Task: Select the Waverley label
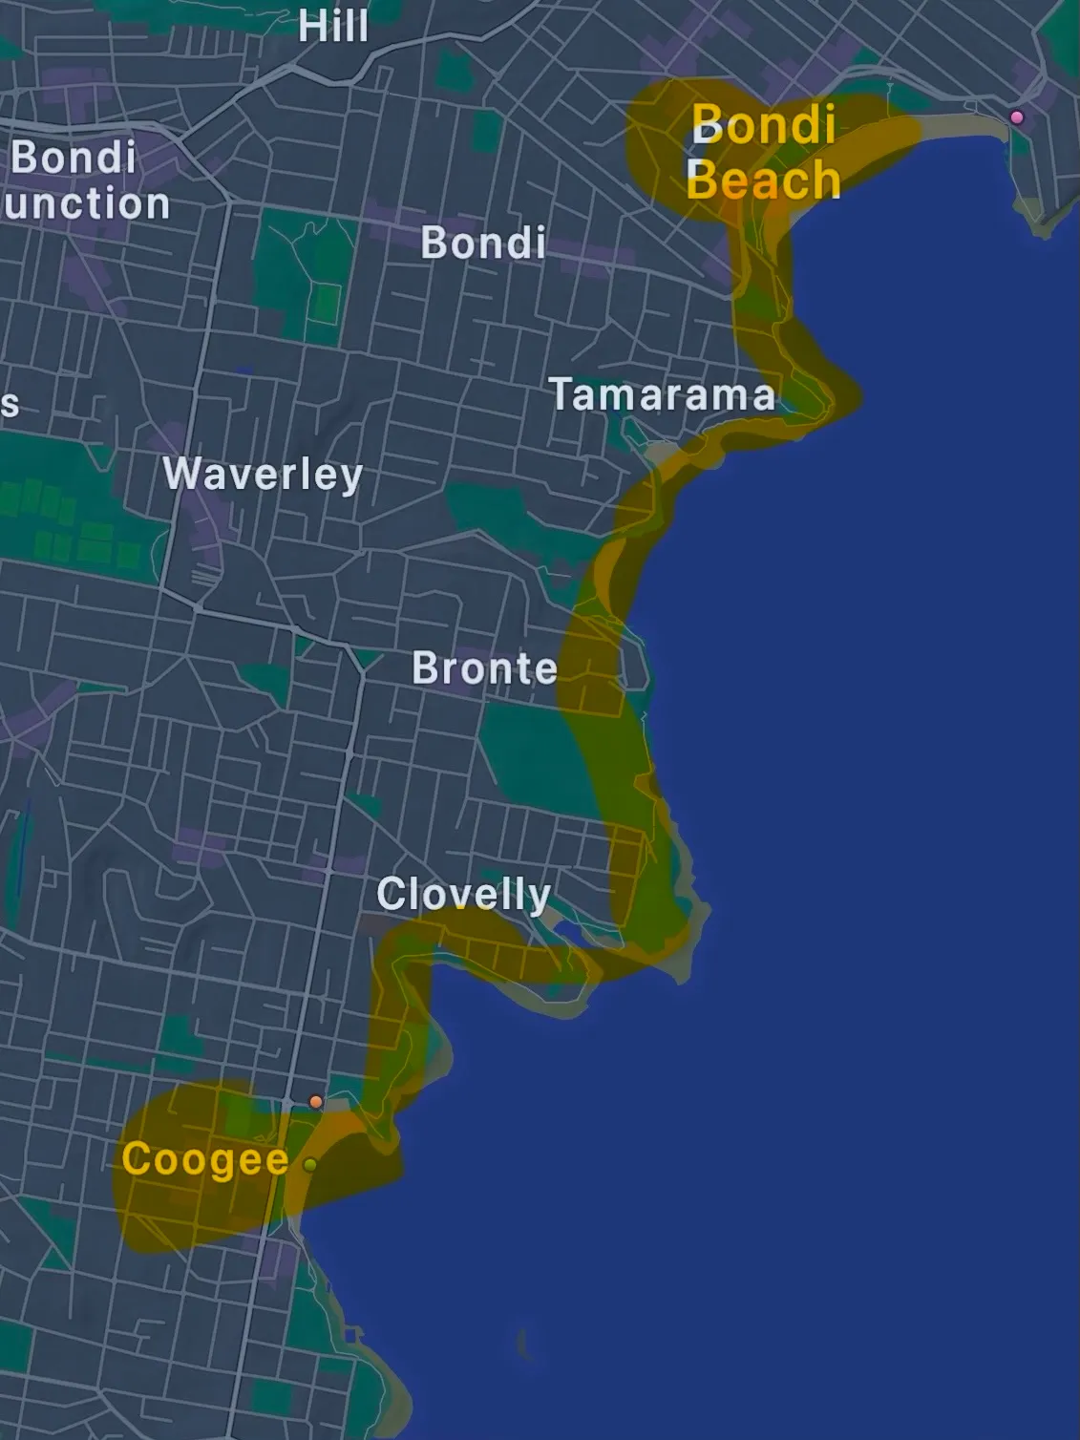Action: (x=263, y=475)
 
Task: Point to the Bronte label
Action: (x=484, y=668)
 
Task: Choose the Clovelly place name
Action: (x=463, y=895)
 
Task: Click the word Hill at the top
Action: (x=332, y=26)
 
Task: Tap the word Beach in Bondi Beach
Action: (x=763, y=180)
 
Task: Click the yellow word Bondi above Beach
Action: (x=763, y=124)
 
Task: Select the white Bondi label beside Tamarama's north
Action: (x=483, y=244)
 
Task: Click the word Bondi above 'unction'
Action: (x=74, y=158)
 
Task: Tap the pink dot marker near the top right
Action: (x=1017, y=117)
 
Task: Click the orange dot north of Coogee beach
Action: (x=316, y=1102)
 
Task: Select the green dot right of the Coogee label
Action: (x=310, y=1165)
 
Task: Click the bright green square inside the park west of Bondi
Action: (x=327, y=304)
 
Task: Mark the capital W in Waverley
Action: (x=180, y=473)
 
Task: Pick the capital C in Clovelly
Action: (x=390, y=895)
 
